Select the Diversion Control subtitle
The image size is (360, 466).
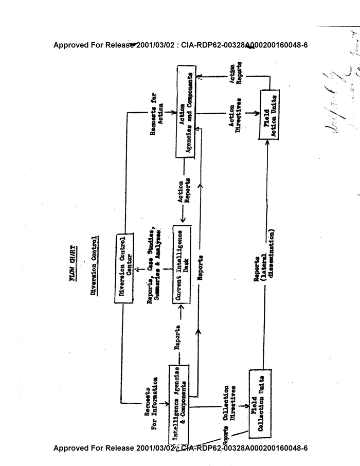pos(94,265)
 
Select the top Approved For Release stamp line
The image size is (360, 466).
pos(181,45)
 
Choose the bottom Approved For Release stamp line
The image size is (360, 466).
pos(181,448)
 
